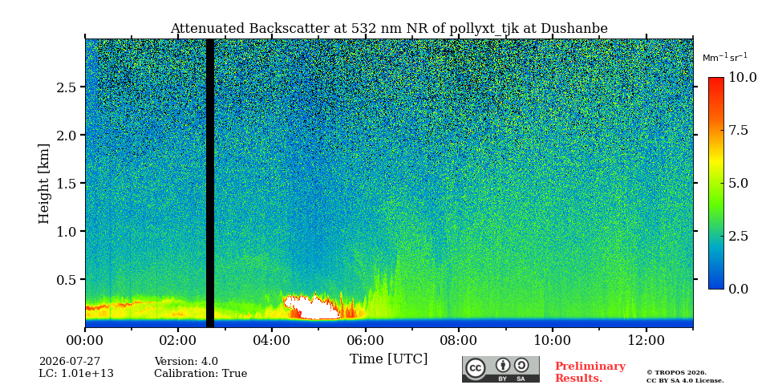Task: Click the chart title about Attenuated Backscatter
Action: pyautogui.click(x=389, y=29)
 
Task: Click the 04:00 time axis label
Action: pyautogui.click(x=272, y=340)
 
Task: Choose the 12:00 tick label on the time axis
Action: pyautogui.click(x=646, y=340)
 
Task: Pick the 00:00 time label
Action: pyautogui.click(x=85, y=340)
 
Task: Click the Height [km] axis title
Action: pyautogui.click(x=44, y=184)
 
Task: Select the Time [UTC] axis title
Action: pyautogui.click(x=388, y=359)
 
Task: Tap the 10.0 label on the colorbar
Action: pyautogui.click(x=741, y=77)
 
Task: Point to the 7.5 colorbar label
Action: pyautogui.click(x=738, y=130)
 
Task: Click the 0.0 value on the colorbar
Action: pyautogui.click(x=738, y=289)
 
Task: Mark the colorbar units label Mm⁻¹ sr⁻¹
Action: pyautogui.click(x=725, y=58)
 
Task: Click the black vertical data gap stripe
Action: pyautogui.click(x=209, y=183)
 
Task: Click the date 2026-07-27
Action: pyautogui.click(x=70, y=362)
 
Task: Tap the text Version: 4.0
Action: pyautogui.click(x=186, y=362)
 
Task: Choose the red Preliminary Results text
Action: pyautogui.click(x=590, y=372)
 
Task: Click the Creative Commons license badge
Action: pyautogui.click(x=500, y=369)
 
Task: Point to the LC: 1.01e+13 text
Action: pyautogui.click(x=76, y=374)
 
